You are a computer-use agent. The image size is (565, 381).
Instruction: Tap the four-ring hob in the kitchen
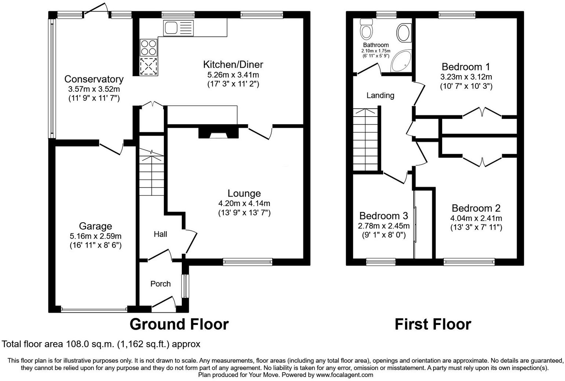coord(148,47)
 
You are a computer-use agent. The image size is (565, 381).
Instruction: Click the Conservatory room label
coord(94,79)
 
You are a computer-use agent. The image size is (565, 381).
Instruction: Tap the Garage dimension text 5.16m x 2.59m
coord(95,236)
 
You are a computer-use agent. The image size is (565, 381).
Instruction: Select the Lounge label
coord(244,193)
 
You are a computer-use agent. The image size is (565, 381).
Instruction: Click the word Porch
coord(161,283)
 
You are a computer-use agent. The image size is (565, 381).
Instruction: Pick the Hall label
coord(160,234)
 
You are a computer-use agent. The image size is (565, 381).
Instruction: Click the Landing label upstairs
coord(380,95)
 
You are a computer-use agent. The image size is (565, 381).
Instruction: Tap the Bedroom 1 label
coord(466,67)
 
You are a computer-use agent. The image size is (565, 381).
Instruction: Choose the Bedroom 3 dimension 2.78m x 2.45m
coord(384,226)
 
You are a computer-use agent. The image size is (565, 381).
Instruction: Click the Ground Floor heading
coord(179,324)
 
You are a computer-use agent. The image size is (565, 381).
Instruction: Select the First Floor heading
coord(433,324)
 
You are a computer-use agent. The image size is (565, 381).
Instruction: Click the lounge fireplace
coord(218,133)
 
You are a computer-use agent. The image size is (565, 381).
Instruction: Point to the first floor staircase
coord(366,139)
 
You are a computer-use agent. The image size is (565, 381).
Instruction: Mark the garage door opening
coord(94,310)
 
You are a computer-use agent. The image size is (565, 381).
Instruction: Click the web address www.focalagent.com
coord(345,375)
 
